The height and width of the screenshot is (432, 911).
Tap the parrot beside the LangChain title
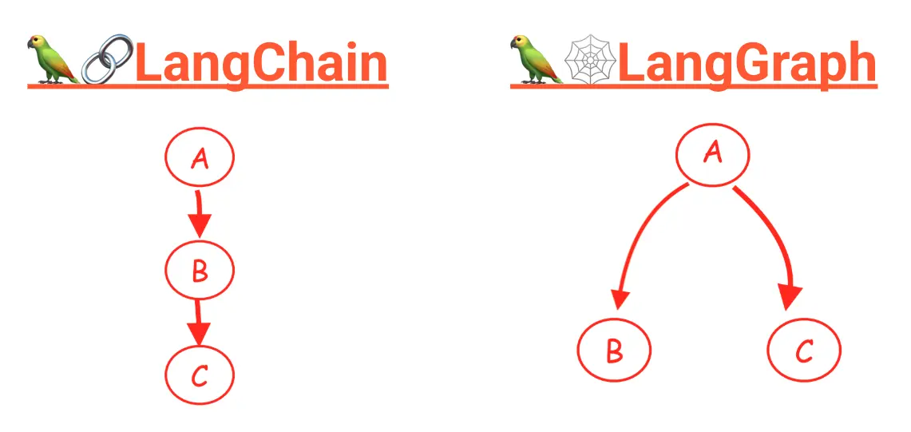[52, 59]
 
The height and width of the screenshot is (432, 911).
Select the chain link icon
[108, 58]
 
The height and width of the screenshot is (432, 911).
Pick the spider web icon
[590, 59]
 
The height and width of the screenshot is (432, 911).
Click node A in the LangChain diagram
[200, 157]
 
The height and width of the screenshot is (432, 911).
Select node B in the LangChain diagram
[200, 270]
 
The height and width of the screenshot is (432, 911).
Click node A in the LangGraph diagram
[712, 154]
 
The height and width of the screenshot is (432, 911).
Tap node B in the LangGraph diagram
[614, 350]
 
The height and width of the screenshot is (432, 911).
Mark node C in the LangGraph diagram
[804, 350]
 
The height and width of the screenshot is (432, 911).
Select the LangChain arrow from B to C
[199, 323]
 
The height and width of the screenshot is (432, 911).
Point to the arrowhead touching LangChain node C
[199, 335]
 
